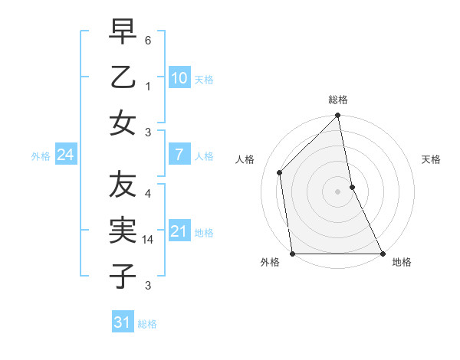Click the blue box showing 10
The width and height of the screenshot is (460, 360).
pos(179,78)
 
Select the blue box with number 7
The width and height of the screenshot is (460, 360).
pos(179,155)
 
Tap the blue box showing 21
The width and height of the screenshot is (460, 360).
pos(179,231)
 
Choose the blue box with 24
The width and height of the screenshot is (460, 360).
pos(65,155)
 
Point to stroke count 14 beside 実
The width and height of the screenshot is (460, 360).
pos(149,240)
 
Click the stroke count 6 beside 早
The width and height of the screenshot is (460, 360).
pos(148,39)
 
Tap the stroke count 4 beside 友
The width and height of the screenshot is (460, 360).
pos(148,194)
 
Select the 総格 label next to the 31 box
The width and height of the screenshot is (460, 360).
pos(147,324)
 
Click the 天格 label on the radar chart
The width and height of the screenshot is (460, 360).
pos(432,159)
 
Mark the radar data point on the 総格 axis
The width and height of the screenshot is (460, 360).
pos(337,116)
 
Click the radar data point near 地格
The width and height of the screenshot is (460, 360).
pos(382,254)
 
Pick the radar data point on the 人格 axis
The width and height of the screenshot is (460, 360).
pos(280,172)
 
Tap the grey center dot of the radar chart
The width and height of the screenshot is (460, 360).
pos(337,191)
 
